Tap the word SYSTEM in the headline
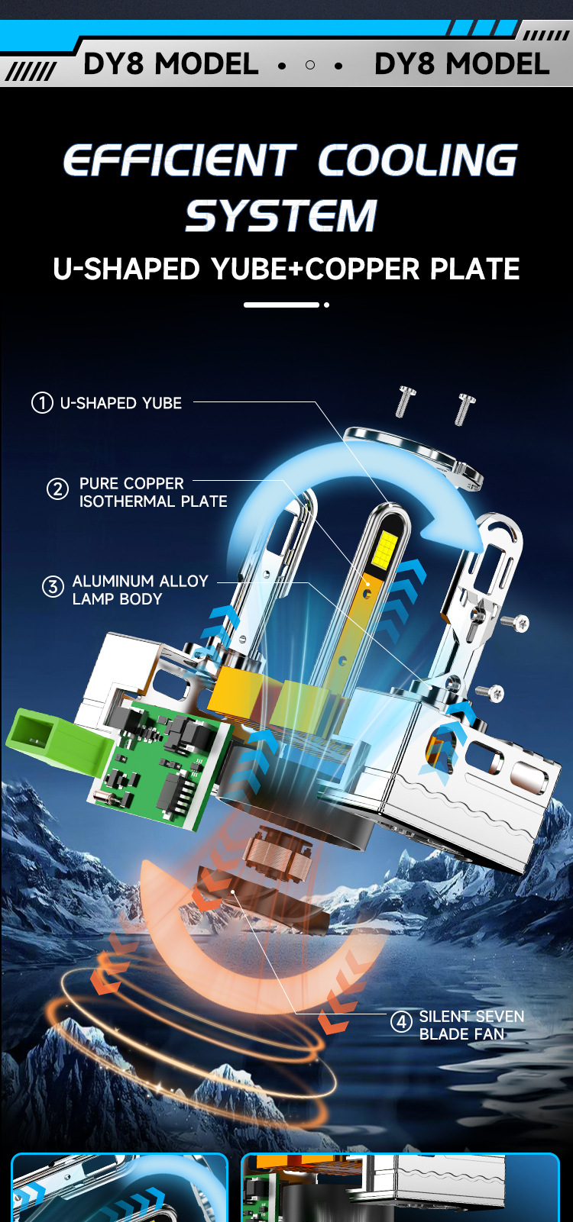tap(281, 215)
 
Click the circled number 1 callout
tap(42, 403)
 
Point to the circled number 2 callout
tap(57, 489)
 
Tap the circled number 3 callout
tap(53, 587)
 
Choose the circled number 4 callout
tap(402, 1021)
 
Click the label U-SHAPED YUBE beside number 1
tap(121, 403)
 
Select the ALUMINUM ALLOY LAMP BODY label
tap(141, 590)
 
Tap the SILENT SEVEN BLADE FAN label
tap(471, 1025)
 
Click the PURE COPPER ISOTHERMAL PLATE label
tap(153, 492)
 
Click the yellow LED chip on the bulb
tap(386, 548)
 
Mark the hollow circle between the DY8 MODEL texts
tap(310, 66)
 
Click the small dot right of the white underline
tap(327, 305)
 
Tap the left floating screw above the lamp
tap(406, 401)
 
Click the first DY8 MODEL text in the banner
tap(171, 64)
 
